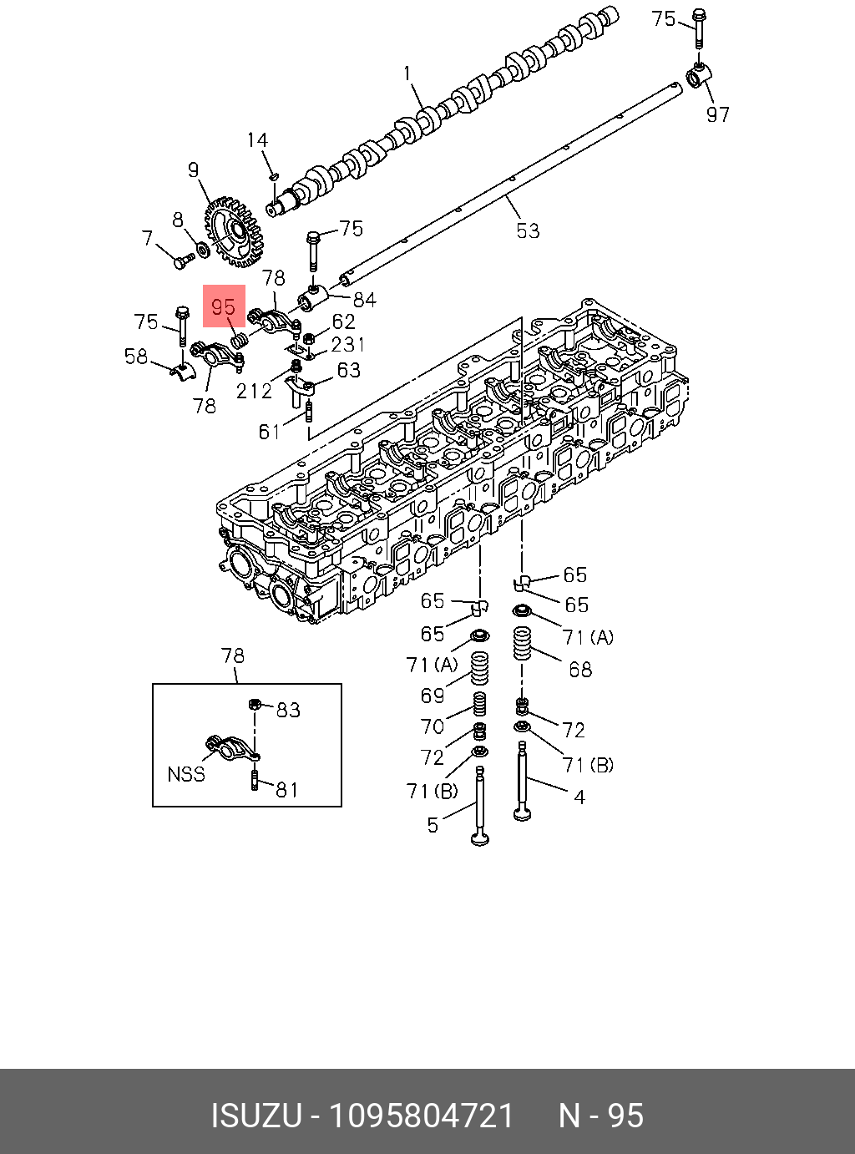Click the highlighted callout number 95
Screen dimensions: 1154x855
pos(224,306)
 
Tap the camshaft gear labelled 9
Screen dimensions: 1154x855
pos(233,231)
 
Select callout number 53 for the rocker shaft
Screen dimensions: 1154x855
pos(528,230)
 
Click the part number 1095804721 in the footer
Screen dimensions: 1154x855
pos(422,1116)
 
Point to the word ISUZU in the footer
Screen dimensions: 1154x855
pos(255,1116)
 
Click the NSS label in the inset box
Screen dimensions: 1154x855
pos(186,774)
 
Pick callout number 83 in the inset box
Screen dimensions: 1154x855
pos(288,710)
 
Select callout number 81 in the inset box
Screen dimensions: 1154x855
pos(286,788)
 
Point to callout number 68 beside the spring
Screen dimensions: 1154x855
pos(579,669)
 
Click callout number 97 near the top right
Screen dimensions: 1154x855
pos(717,114)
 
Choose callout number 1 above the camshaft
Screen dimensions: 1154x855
pos(407,73)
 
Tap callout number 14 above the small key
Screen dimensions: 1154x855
pos(257,140)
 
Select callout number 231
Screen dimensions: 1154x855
pos(347,344)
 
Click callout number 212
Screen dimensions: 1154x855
pos(254,391)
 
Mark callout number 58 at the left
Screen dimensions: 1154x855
pos(136,357)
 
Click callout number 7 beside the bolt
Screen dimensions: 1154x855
pos(148,239)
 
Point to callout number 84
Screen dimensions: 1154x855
pos(364,299)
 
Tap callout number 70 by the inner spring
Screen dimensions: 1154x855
pos(432,726)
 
